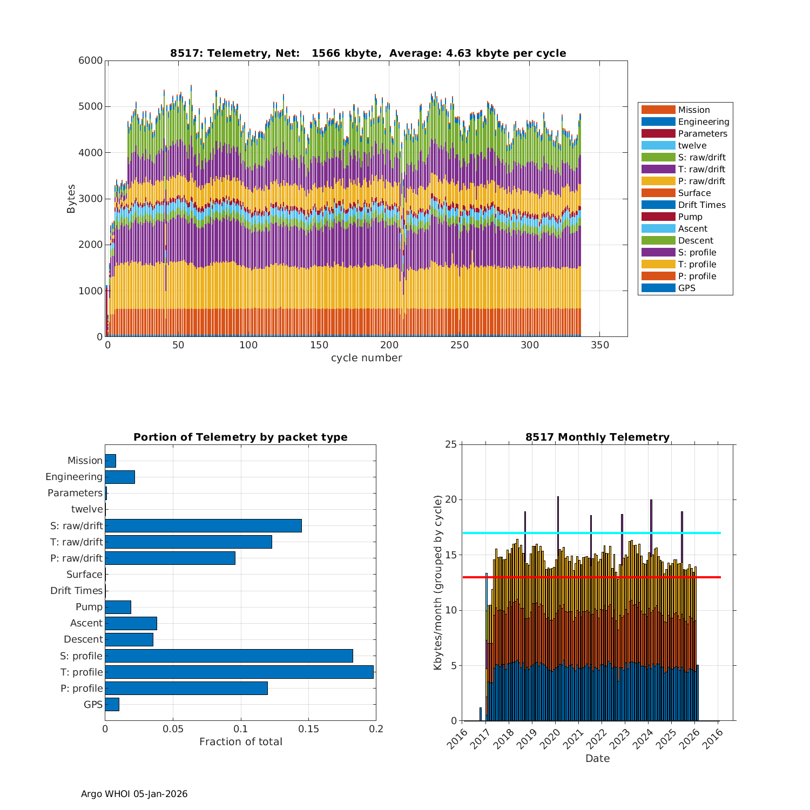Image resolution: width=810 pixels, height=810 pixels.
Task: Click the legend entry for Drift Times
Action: coord(701,205)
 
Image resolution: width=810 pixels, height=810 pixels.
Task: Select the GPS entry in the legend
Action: coord(686,288)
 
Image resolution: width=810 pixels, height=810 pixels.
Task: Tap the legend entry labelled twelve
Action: coord(692,146)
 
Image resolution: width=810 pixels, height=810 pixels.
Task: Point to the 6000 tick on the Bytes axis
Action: coord(91,60)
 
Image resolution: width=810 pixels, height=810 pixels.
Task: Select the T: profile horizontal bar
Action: coord(239,672)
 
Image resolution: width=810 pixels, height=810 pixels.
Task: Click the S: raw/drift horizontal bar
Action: coord(203,525)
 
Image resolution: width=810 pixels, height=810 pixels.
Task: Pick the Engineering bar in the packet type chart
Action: coord(120,477)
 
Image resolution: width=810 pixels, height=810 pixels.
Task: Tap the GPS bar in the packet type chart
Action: coord(112,704)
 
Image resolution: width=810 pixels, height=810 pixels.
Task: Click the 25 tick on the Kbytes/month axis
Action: coord(451,444)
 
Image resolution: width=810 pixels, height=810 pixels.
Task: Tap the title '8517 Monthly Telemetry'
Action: coord(597,437)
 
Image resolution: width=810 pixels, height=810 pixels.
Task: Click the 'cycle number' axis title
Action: coord(366,358)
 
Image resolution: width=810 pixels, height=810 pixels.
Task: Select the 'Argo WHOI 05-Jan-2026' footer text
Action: coord(134,794)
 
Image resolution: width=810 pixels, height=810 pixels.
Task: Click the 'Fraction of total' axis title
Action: coord(240,742)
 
